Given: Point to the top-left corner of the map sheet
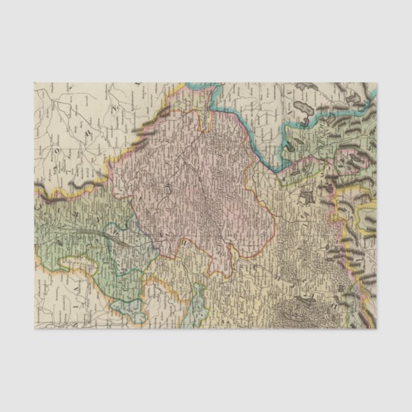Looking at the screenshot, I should (x=35, y=83).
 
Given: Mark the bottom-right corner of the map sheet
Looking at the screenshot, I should (x=376, y=328).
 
